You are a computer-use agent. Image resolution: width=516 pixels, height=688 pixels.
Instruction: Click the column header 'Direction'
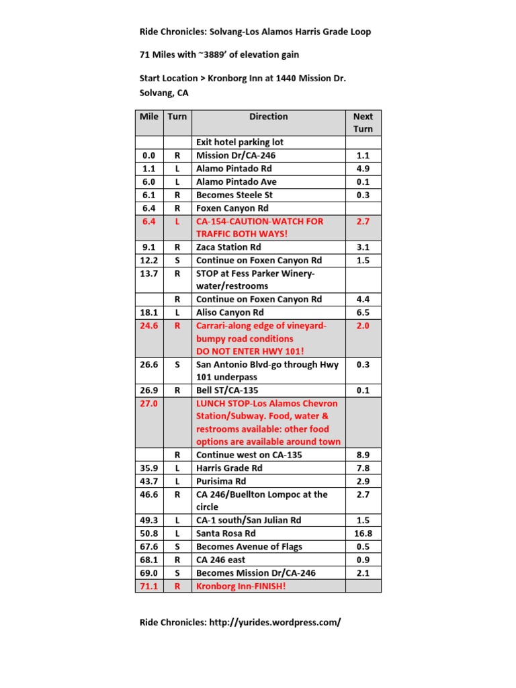pos(268,116)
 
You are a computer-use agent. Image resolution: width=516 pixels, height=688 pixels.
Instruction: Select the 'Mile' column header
pos(148,116)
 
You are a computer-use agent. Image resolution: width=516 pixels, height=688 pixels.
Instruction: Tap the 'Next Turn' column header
pos(363,122)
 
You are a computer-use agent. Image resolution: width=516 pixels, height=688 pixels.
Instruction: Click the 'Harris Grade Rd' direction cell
pos(229,468)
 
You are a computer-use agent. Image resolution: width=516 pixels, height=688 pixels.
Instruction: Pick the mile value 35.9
pos(148,468)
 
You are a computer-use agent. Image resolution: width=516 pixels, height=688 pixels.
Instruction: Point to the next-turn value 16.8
pos(363,533)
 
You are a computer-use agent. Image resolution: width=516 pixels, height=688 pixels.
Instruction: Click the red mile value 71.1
pos(148,586)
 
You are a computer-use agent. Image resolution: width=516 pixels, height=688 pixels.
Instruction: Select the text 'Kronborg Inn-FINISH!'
pos(241,586)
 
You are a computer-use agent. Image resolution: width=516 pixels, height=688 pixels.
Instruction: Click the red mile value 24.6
pos(148,326)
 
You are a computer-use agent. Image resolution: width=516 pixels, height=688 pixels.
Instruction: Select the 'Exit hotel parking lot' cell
pos(240,142)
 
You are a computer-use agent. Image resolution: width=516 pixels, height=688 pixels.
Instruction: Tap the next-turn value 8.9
pos(363,455)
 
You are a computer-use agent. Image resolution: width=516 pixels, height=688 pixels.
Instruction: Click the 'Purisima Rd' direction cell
pos(221,481)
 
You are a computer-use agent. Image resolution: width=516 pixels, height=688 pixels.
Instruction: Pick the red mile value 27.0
pos(148,403)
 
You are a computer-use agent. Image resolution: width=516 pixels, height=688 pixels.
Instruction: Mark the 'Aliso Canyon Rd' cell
pos(230,312)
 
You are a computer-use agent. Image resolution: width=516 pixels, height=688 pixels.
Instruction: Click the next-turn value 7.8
pos(363,468)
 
